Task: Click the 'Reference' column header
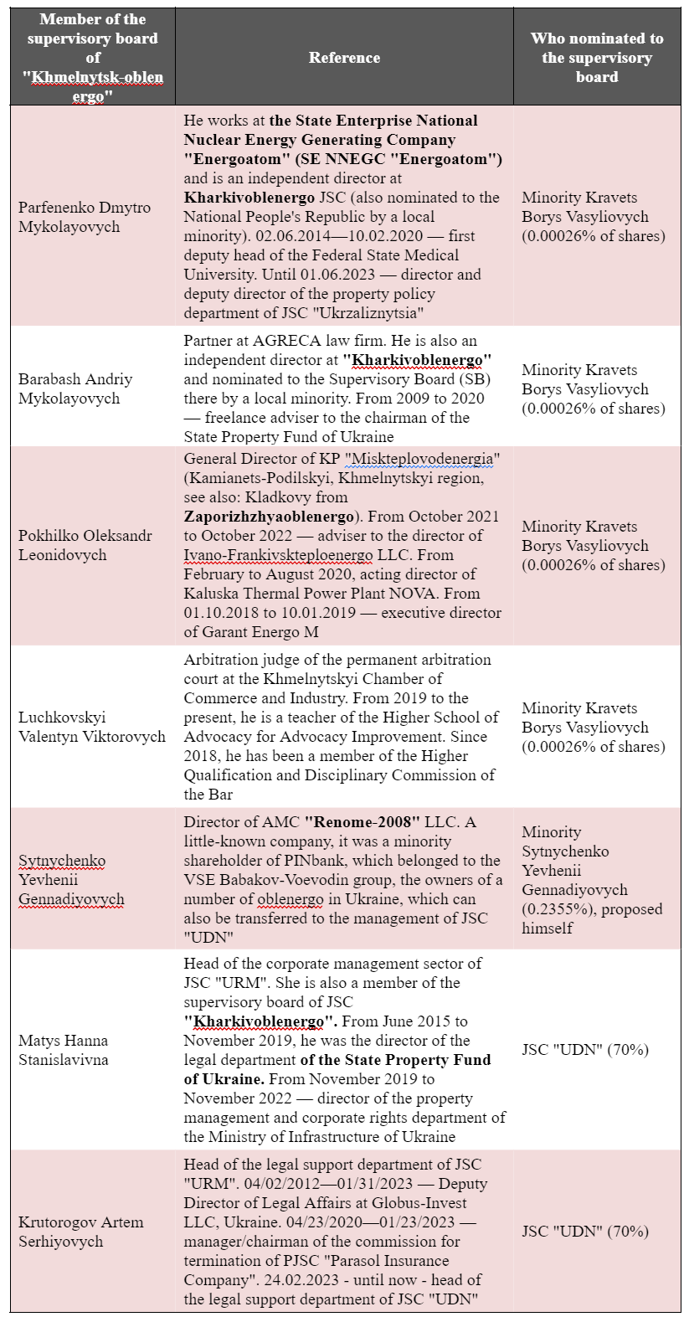(344, 58)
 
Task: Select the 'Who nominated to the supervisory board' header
(597, 57)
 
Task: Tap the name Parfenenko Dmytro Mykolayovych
(85, 217)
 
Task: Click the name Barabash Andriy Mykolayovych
(75, 388)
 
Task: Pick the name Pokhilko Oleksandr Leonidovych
(85, 545)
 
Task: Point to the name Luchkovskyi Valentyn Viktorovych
(92, 727)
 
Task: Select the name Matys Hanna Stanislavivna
(64, 1050)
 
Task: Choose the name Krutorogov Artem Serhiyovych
(81, 1232)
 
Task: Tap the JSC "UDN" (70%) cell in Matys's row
(585, 1050)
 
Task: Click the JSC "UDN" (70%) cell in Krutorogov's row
(585, 1232)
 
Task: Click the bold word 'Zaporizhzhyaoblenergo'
(269, 517)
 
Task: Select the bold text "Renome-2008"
(362, 822)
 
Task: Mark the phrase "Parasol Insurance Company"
(334, 1270)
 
